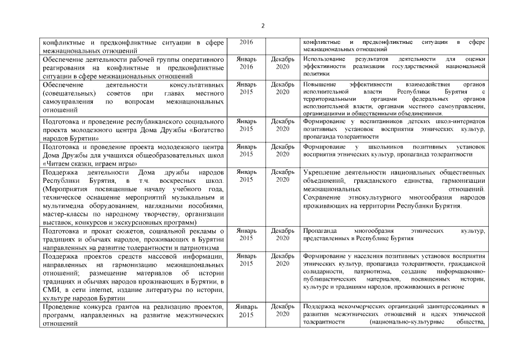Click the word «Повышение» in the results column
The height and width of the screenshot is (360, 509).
click(319, 84)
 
